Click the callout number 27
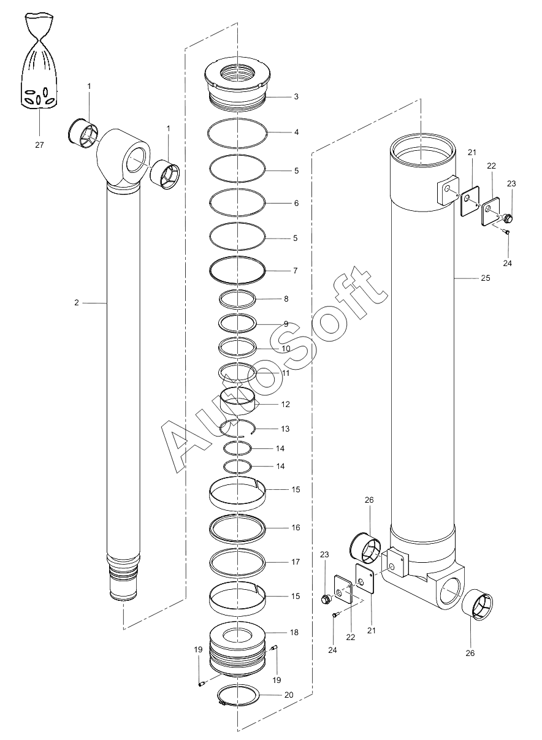(x=39, y=145)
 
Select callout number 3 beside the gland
(x=296, y=96)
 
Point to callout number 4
(x=296, y=132)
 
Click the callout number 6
(x=296, y=203)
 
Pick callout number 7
(x=296, y=270)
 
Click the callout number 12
(x=285, y=405)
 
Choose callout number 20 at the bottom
(x=289, y=695)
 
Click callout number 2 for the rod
(x=77, y=303)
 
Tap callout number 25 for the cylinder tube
(x=485, y=278)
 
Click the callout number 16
(x=296, y=528)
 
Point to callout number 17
(x=296, y=562)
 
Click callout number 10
(x=286, y=348)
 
